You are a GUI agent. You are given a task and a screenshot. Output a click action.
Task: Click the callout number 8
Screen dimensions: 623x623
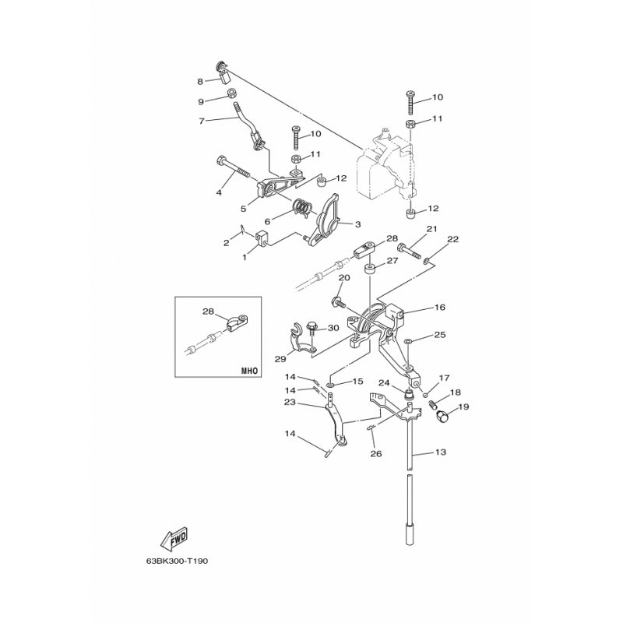tap(200, 81)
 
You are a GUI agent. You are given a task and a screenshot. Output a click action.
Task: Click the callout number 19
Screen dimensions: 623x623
tap(463, 407)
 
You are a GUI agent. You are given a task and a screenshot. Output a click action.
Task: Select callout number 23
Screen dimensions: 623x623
tap(290, 402)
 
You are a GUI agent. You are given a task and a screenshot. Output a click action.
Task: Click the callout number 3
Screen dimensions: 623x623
tap(357, 224)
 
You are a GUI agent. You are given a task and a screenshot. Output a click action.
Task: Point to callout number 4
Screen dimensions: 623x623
tap(220, 192)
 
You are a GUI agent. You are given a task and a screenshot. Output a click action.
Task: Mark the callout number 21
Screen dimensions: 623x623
tap(431, 229)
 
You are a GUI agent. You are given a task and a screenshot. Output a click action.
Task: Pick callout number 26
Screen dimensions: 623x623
tap(375, 454)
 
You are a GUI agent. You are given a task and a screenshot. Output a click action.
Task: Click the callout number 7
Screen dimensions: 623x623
tap(201, 121)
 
